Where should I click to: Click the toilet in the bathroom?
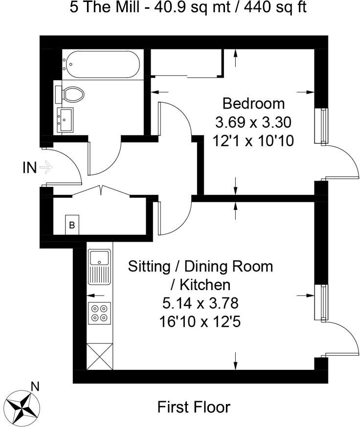[69, 95]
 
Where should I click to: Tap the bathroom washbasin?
[65, 120]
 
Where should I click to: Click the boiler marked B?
[72, 225]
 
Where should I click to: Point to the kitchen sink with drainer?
[100, 267]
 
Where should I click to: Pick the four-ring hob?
[99, 313]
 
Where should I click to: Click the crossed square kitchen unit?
[100, 357]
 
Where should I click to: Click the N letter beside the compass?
[35, 386]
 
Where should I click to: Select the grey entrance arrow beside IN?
[46, 167]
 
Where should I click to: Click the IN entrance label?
[29, 168]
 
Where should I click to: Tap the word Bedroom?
[253, 104]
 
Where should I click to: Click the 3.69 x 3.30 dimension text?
[253, 122]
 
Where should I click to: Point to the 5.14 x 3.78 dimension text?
[201, 303]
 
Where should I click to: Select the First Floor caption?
[194, 407]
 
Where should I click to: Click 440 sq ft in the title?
[275, 7]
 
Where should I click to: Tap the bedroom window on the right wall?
[321, 126]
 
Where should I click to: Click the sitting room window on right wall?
[321, 302]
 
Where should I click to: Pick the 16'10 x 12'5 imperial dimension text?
[200, 322]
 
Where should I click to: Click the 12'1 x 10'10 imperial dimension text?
[253, 141]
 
